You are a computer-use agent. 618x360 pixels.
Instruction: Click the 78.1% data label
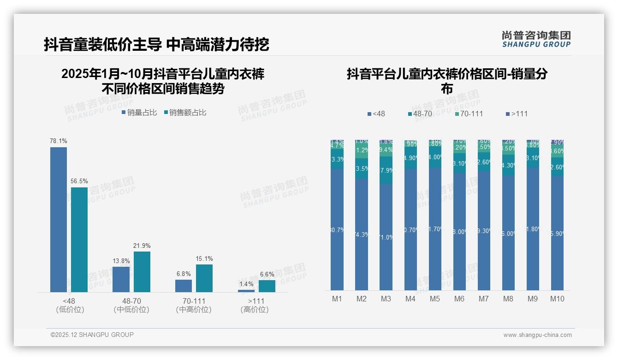tap(59, 141)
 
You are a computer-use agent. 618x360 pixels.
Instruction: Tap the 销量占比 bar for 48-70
tap(121, 279)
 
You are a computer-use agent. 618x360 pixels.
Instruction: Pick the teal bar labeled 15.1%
tap(204, 278)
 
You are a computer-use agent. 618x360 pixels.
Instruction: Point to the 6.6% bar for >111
tap(267, 286)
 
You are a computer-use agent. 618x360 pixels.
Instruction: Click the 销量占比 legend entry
tap(139, 113)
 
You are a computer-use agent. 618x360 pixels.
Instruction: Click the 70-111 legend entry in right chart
tap(469, 114)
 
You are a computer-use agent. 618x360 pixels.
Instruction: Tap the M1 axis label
tap(337, 299)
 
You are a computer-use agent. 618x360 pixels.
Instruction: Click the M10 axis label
tap(557, 299)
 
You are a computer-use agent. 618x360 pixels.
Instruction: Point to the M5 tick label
tap(435, 299)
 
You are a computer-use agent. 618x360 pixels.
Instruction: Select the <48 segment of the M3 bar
tap(386, 236)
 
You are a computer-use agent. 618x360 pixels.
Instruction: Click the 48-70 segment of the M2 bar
tap(362, 168)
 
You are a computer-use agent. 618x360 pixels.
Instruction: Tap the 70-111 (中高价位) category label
tap(194, 305)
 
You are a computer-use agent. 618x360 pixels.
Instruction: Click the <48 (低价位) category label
tap(70, 305)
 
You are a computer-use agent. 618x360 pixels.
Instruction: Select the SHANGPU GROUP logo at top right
tap(536, 39)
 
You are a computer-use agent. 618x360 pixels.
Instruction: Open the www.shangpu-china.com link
tap(537, 335)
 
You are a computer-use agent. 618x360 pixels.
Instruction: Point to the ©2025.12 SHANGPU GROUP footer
tap(92, 335)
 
